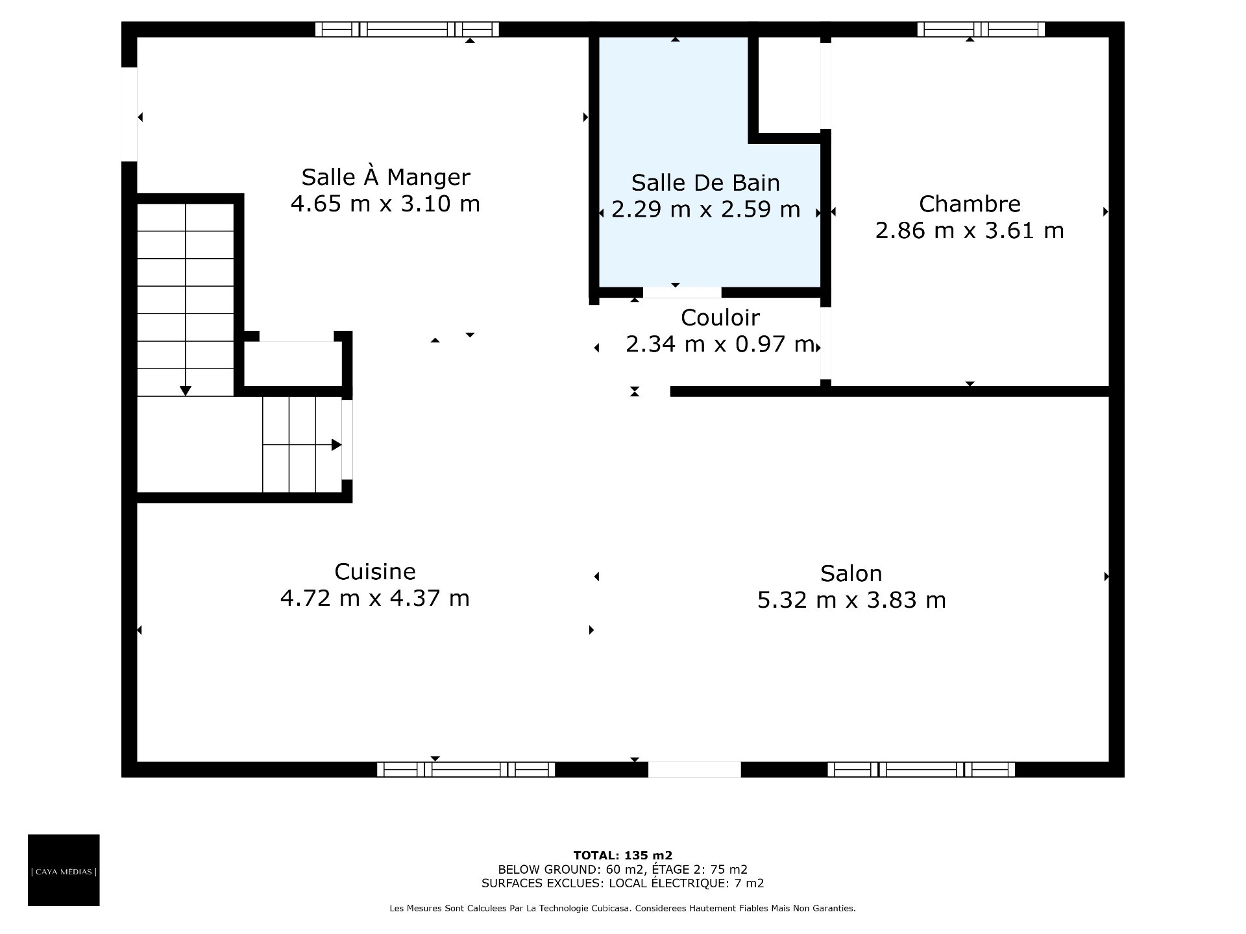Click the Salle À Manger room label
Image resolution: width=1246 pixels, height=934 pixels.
[385, 176]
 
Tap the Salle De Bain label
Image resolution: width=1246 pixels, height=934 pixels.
[705, 182]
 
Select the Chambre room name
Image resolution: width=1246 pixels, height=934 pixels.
[970, 204]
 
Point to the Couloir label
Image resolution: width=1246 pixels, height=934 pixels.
[720, 317]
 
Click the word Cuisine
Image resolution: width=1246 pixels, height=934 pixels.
[375, 571]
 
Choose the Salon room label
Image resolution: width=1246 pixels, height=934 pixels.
[851, 573]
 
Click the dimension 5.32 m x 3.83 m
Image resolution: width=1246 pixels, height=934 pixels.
[851, 600]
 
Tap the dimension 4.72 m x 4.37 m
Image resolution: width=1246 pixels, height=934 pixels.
[374, 597]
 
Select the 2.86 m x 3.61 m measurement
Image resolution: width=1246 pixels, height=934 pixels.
[970, 230]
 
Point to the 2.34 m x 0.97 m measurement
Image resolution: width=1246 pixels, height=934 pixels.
[720, 344]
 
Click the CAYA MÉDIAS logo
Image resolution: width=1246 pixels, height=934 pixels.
[64, 870]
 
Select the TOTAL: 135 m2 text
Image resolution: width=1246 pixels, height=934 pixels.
[622, 856]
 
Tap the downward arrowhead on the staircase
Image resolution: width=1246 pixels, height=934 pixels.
[186, 390]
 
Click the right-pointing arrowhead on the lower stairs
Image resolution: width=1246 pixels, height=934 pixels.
[337, 445]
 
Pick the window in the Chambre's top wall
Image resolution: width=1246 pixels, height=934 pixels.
[981, 29]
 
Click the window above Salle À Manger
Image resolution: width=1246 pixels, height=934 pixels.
[407, 29]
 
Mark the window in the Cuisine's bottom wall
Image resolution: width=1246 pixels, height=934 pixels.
[466, 769]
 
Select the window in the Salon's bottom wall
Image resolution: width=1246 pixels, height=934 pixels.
[922, 769]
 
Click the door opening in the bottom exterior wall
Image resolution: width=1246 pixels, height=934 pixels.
[694, 769]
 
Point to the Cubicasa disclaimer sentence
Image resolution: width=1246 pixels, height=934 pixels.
[622, 909]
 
